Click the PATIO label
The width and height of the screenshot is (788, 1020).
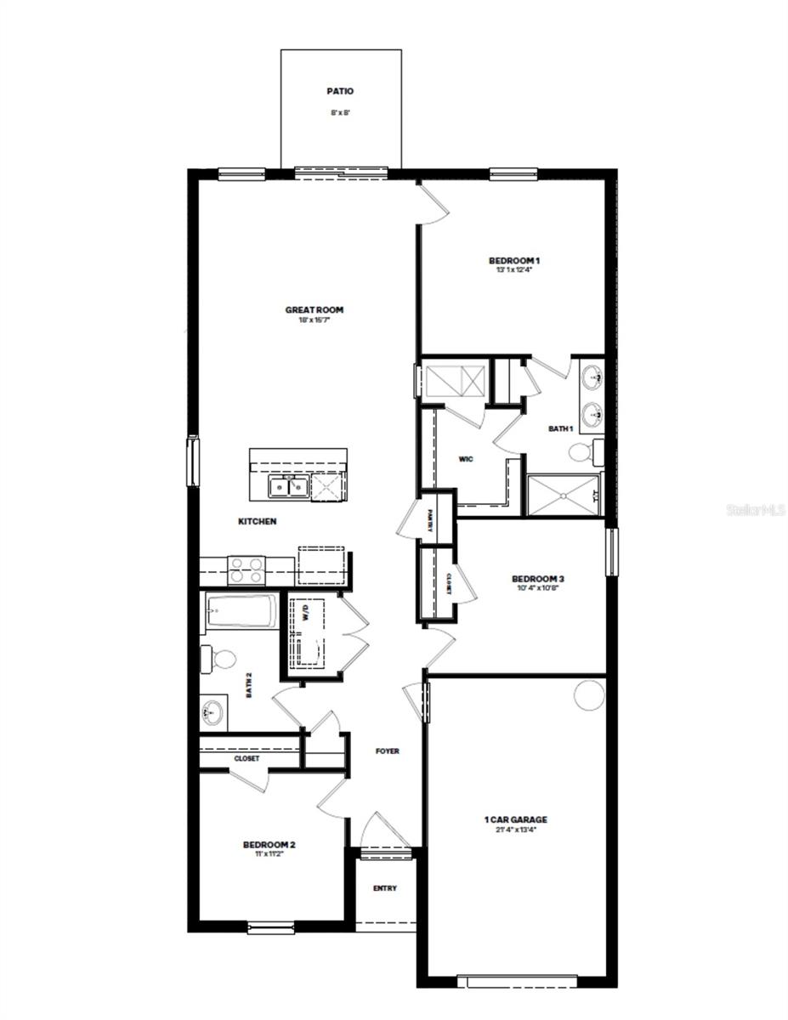pyautogui.click(x=340, y=91)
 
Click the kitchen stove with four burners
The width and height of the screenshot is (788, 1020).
pyautogui.click(x=247, y=569)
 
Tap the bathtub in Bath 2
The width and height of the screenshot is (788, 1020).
pyautogui.click(x=241, y=611)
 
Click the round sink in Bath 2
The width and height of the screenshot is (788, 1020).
pyautogui.click(x=213, y=711)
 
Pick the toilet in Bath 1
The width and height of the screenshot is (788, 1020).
pyautogui.click(x=582, y=453)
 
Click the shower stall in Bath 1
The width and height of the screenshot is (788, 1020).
pyautogui.click(x=564, y=496)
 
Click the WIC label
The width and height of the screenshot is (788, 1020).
pyautogui.click(x=465, y=459)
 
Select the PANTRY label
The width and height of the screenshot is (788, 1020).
pyautogui.click(x=431, y=519)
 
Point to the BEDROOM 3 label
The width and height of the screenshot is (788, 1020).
pyautogui.click(x=539, y=579)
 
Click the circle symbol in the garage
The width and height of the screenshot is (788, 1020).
pyautogui.click(x=588, y=694)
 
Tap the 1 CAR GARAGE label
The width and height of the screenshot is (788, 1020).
pyautogui.click(x=515, y=820)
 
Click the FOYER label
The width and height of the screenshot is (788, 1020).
pyautogui.click(x=388, y=751)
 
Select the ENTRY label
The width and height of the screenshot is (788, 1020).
pyautogui.click(x=385, y=888)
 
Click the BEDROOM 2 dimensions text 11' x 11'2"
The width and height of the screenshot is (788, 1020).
pyautogui.click(x=269, y=854)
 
